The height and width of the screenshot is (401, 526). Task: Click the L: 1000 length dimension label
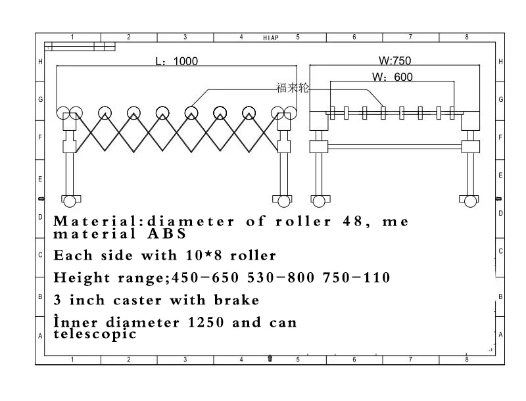point(177,61)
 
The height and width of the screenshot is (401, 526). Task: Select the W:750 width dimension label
point(395,60)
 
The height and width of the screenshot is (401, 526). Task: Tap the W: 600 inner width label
point(392,77)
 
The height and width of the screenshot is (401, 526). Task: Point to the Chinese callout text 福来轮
point(292,87)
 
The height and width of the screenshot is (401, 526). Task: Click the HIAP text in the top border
point(271,38)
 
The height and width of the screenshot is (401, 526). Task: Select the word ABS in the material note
point(167,233)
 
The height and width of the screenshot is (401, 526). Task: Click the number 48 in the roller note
point(353,222)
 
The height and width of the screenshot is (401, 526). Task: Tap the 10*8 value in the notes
point(204,256)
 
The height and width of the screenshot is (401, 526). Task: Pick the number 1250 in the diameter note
point(206,323)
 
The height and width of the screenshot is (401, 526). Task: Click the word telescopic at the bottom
point(95,334)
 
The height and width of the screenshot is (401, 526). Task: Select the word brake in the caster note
point(237,300)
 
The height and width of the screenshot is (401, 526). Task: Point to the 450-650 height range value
point(205,277)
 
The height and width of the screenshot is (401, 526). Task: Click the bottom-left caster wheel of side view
point(70,202)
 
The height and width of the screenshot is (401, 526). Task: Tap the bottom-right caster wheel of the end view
point(470,202)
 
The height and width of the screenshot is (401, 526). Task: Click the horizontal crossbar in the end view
point(394,147)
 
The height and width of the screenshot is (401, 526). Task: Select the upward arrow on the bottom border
point(270,358)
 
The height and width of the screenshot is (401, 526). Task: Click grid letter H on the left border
point(40,62)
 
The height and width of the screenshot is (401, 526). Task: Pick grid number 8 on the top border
point(467,37)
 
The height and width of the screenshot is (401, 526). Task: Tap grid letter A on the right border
point(500,335)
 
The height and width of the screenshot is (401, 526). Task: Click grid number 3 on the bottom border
point(185,360)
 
